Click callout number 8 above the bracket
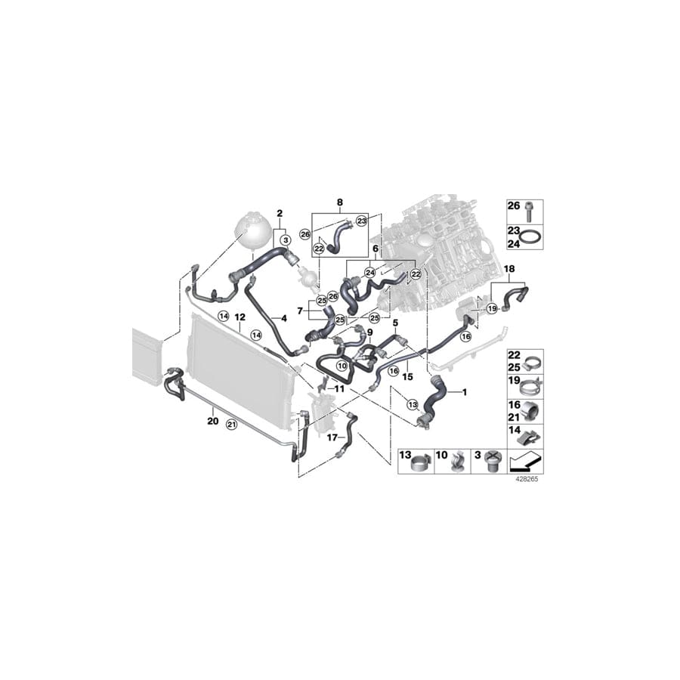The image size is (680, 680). tap(339, 202)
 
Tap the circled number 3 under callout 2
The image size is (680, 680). tap(286, 240)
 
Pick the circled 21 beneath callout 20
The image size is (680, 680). tap(232, 425)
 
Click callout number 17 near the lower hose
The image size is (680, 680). tap(331, 437)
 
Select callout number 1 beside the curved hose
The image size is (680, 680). tap(465, 392)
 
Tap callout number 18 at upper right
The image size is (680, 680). tap(509, 269)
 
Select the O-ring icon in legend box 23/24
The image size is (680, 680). tap(532, 238)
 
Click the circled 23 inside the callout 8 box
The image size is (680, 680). tap(362, 220)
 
